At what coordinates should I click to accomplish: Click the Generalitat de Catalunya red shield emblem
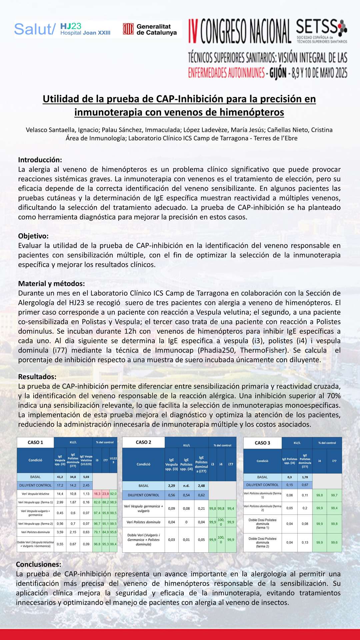(x=128, y=29)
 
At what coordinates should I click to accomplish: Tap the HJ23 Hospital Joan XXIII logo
(x=85, y=29)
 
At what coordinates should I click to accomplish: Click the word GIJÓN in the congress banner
(x=278, y=73)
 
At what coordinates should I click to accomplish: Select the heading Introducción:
(x=40, y=160)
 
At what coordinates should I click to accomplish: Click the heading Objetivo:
(x=33, y=236)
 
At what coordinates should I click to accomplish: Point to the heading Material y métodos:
(x=51, y=284)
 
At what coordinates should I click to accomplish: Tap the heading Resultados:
(x=37, y=377)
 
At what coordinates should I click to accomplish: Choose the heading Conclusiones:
(x=39, y=564)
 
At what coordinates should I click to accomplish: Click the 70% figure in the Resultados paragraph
(x=333, y=396)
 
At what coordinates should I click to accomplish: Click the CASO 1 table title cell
(x=35, y=442)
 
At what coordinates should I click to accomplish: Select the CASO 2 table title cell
(x=143, y=442)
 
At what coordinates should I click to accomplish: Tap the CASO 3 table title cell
(x=262, y=443)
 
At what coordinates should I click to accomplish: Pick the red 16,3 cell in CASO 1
(x=97, y=494)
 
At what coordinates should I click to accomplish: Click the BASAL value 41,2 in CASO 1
(x=60, y=477)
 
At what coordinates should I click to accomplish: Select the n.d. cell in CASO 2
(x=186, y=486)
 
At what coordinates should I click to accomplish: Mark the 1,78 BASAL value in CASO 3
(x=305, y=477)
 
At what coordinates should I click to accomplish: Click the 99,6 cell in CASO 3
(x=334, y=542)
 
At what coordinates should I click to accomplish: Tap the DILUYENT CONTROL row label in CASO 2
(x=143, y=495)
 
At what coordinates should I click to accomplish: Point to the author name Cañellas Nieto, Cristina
(x=300, y=130)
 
